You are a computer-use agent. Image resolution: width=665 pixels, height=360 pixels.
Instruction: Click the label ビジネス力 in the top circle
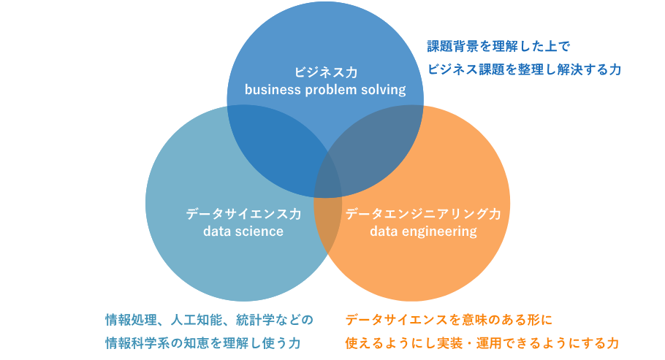(325, 72)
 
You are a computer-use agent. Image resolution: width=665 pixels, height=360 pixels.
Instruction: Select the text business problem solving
(325, 90)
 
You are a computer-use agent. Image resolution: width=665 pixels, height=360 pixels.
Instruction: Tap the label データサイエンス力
(243, 214)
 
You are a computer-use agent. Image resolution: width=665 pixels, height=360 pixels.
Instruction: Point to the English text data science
(243, 231)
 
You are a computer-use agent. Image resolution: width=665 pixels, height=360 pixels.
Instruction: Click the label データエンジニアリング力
(423, 214)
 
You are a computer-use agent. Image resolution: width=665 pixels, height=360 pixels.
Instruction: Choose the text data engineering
(423, 231)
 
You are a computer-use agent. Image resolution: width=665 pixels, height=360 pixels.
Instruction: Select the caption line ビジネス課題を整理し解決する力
(524, 69)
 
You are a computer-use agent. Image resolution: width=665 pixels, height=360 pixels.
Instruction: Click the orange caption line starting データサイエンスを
(449, 319)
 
